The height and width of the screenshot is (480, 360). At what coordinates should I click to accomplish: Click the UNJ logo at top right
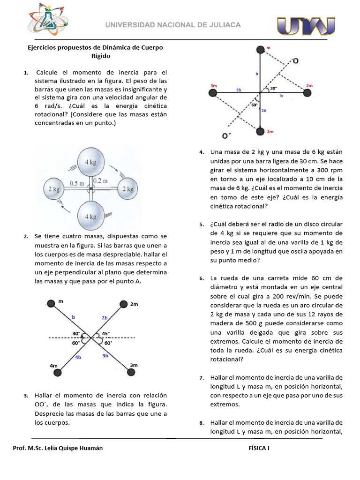(x=306, y=26)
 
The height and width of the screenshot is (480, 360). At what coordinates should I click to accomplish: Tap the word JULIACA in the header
(x=223, y=25)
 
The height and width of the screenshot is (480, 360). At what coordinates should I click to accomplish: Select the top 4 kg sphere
(x=91, y=162)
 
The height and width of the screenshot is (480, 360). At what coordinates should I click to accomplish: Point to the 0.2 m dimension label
(x=100, y=181)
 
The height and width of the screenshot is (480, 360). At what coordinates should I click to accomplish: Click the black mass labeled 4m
(x=57, y=372)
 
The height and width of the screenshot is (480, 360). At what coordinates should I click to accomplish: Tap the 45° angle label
(x=106, y=334)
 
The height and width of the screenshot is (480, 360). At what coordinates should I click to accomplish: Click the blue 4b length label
(x=78, y=357)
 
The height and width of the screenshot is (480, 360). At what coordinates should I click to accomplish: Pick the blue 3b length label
(x=105, y=356)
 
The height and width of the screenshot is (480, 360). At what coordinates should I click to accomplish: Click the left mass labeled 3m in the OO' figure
(x=213, y=93)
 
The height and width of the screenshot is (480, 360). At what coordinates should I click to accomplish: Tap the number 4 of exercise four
(x=201, y=152)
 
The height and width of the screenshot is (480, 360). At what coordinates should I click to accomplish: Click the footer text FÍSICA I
(x=259, y=448)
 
